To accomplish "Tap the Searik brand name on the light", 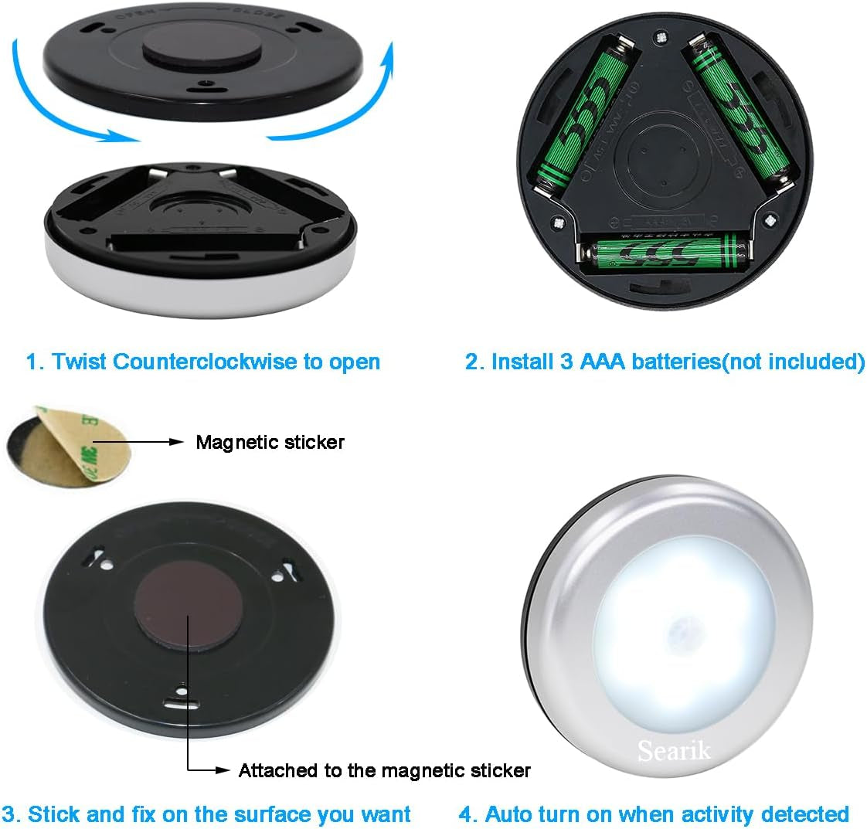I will pyautogui.click(x=673, y=749).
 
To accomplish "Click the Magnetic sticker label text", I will pyautogui.click(x=270, y=442).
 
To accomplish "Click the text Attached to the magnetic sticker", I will pyautogui.click(x=384, y=770).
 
